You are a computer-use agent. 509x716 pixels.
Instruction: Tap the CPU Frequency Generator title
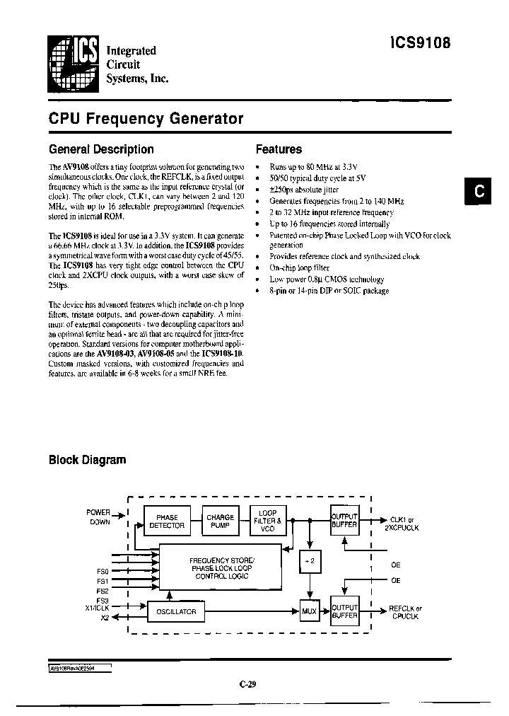[x=146, y=119]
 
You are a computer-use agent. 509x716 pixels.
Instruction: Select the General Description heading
[x=101, y=149]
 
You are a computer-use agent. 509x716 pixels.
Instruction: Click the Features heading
[x=279, y=149]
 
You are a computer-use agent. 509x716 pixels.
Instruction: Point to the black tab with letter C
[x=479, y=192]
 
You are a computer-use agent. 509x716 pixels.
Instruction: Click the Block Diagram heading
[x=87, y=460]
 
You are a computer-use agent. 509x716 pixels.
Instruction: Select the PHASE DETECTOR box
[x=167, y=521]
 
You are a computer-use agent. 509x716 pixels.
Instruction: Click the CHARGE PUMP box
[x=220, y=521]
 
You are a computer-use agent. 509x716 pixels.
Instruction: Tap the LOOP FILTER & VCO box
[x=268, y=521]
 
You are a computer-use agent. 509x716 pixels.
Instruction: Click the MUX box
[x=310, y=611]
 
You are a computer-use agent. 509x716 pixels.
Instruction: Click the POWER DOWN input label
[x=99, y=516]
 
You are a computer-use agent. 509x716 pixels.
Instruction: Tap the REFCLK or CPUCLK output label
[x=405, y=612]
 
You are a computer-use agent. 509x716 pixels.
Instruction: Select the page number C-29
[x=247, y=684]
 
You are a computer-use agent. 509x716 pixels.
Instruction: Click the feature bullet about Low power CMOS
[x=327, y=279]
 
